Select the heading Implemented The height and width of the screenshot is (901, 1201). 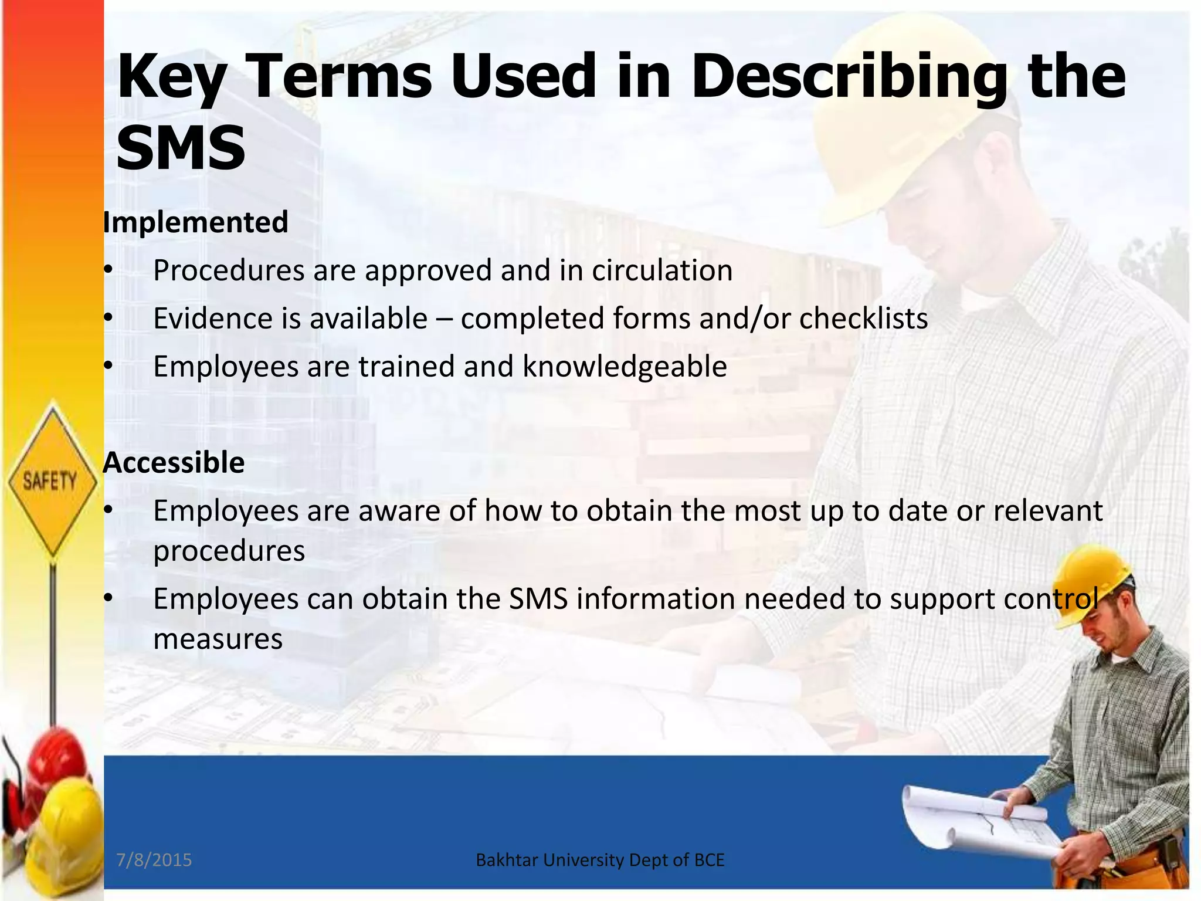[x=195, y=222]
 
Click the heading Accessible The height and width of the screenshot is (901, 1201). [x=174, y=462]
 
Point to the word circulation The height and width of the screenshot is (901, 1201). [x=662, y=270]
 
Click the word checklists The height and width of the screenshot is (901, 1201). [x=863, y=319]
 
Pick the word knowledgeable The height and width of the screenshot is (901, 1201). [x=625, y=367]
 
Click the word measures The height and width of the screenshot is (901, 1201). [x=218, y=639]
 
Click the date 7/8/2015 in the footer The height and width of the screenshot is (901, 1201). [x=154, y=860]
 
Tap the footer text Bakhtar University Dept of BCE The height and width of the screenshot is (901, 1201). [x=600, y=860]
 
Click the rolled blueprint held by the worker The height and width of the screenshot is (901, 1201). [x=962, y=815]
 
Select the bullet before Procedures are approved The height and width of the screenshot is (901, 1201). [x=108, y=271]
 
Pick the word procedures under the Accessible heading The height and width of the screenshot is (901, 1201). [x=229, y=551]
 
